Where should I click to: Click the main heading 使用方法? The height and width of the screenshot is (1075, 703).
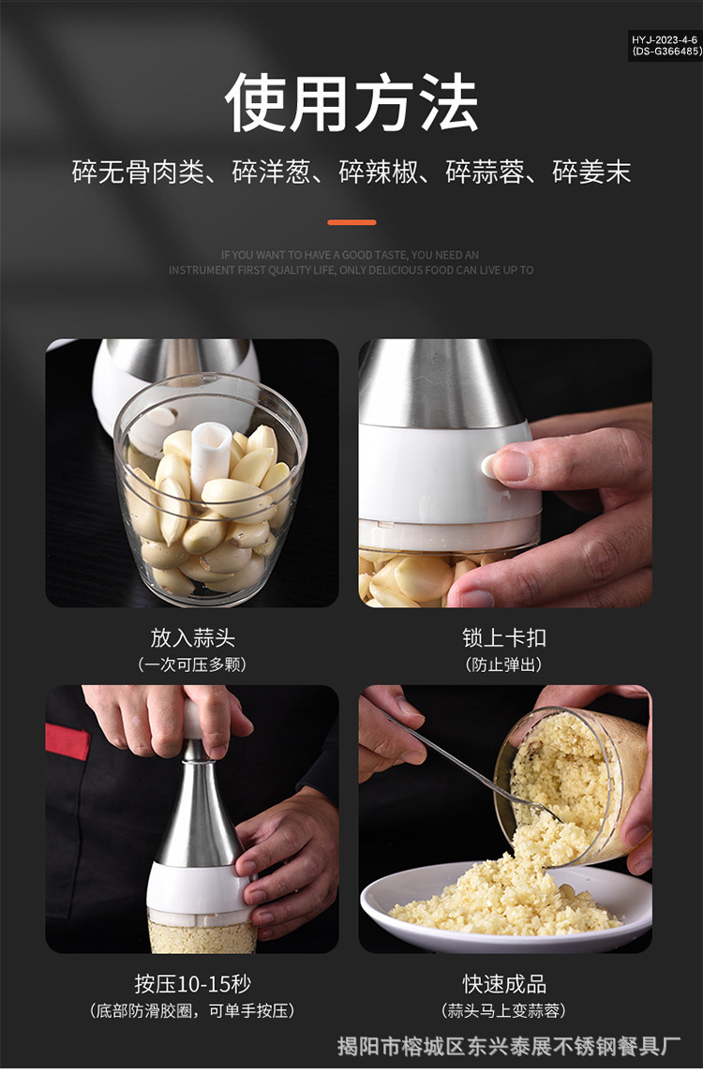[x=351, y=102]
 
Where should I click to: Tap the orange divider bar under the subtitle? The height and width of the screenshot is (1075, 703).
[x=351, y=222]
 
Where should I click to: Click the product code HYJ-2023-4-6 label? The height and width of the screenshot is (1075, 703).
[x=665, y=40]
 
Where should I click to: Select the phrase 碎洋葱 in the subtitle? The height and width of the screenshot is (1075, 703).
[x=271, y=172]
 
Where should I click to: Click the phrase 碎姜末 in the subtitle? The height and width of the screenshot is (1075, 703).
[x=591, y=172]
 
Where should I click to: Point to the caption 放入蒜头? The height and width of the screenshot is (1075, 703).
[x=192, y=638]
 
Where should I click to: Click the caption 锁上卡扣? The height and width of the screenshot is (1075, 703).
[x=504, y=638]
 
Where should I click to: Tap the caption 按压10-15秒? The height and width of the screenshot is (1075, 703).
[x=192, y=984]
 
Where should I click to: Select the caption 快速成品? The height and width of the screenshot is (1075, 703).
[x=504, y=984]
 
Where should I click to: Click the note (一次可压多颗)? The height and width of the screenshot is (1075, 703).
[x=192, y=665]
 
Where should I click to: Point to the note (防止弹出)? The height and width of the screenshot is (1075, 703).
[x=504, y=665]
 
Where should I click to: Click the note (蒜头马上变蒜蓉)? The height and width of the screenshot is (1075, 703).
[x=504, y=1011]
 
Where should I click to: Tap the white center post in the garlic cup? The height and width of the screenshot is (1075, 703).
[x=211, y=450]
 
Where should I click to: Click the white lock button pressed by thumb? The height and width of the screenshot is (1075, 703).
[x=489, y=464]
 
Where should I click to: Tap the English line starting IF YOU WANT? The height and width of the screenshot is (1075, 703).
[x=351, y=255]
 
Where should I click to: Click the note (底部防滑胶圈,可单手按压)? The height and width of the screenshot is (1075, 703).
[x=192, y=1011]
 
